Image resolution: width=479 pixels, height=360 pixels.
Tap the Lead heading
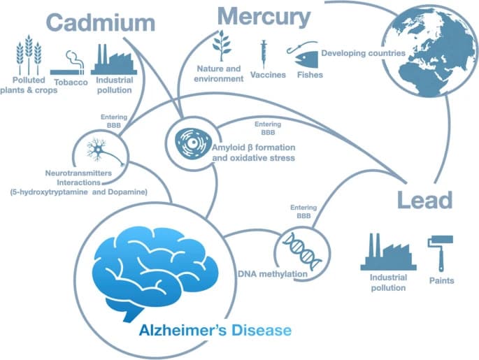pyautogui.click(x=424, y=201)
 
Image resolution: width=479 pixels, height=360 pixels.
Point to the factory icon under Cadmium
pyautogui.click(x=111, y=57)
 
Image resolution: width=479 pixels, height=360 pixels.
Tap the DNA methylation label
pyautogui.click(x=271, y=274)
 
